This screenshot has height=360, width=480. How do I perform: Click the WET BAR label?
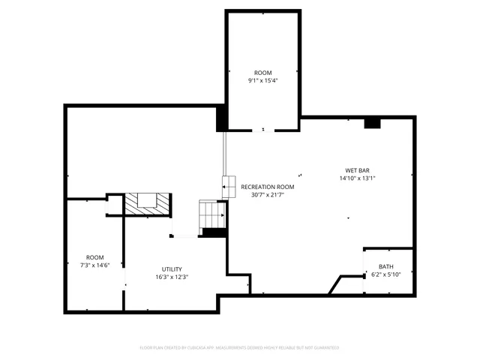tap(355, 170)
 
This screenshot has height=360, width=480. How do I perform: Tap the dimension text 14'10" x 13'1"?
tap(355, 178)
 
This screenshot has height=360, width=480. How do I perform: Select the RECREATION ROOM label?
tap(268, 187)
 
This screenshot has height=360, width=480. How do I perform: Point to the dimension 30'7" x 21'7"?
tap(268, 195)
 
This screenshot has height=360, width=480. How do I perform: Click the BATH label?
tap(385, 266)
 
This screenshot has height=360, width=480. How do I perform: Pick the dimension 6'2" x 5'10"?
tap(385, 274)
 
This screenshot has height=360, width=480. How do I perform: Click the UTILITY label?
tap(172, 269)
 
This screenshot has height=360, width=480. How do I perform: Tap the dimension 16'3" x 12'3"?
tap(172, 277)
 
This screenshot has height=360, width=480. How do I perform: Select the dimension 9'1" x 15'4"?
tap(262, 81)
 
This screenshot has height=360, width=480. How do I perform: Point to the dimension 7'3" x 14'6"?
tap(94, 265)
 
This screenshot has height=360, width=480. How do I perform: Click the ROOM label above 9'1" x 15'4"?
tap(262, 73)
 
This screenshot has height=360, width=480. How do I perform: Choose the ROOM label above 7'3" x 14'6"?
tap(94, 257)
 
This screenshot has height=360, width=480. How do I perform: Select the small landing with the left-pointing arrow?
tap(229, 184)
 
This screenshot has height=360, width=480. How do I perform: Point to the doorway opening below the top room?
tap(262, 130)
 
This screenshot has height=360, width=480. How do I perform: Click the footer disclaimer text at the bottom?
tap(239, 348)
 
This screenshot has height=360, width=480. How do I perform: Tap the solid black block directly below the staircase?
tap(214, 233)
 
